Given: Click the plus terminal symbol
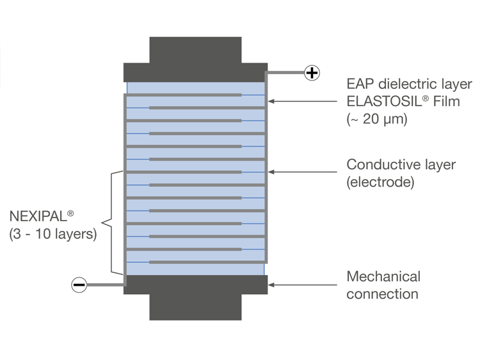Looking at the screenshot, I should pos(312,73).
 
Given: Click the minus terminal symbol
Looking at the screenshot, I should pos(79,285).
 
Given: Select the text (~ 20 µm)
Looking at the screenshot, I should pos(377,118).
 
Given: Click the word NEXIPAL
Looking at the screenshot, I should pos(36,217).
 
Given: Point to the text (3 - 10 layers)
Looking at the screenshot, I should pos(54,234).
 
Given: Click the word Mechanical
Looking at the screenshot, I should pos(383,277).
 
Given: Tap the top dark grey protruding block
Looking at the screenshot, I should pos(195,50).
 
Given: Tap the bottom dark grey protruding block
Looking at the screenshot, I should pos(195,307).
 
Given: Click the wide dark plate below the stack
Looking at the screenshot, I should pos(195,285).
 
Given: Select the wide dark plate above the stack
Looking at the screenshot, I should pos(195,72).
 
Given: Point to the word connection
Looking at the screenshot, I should pos(382,294).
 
